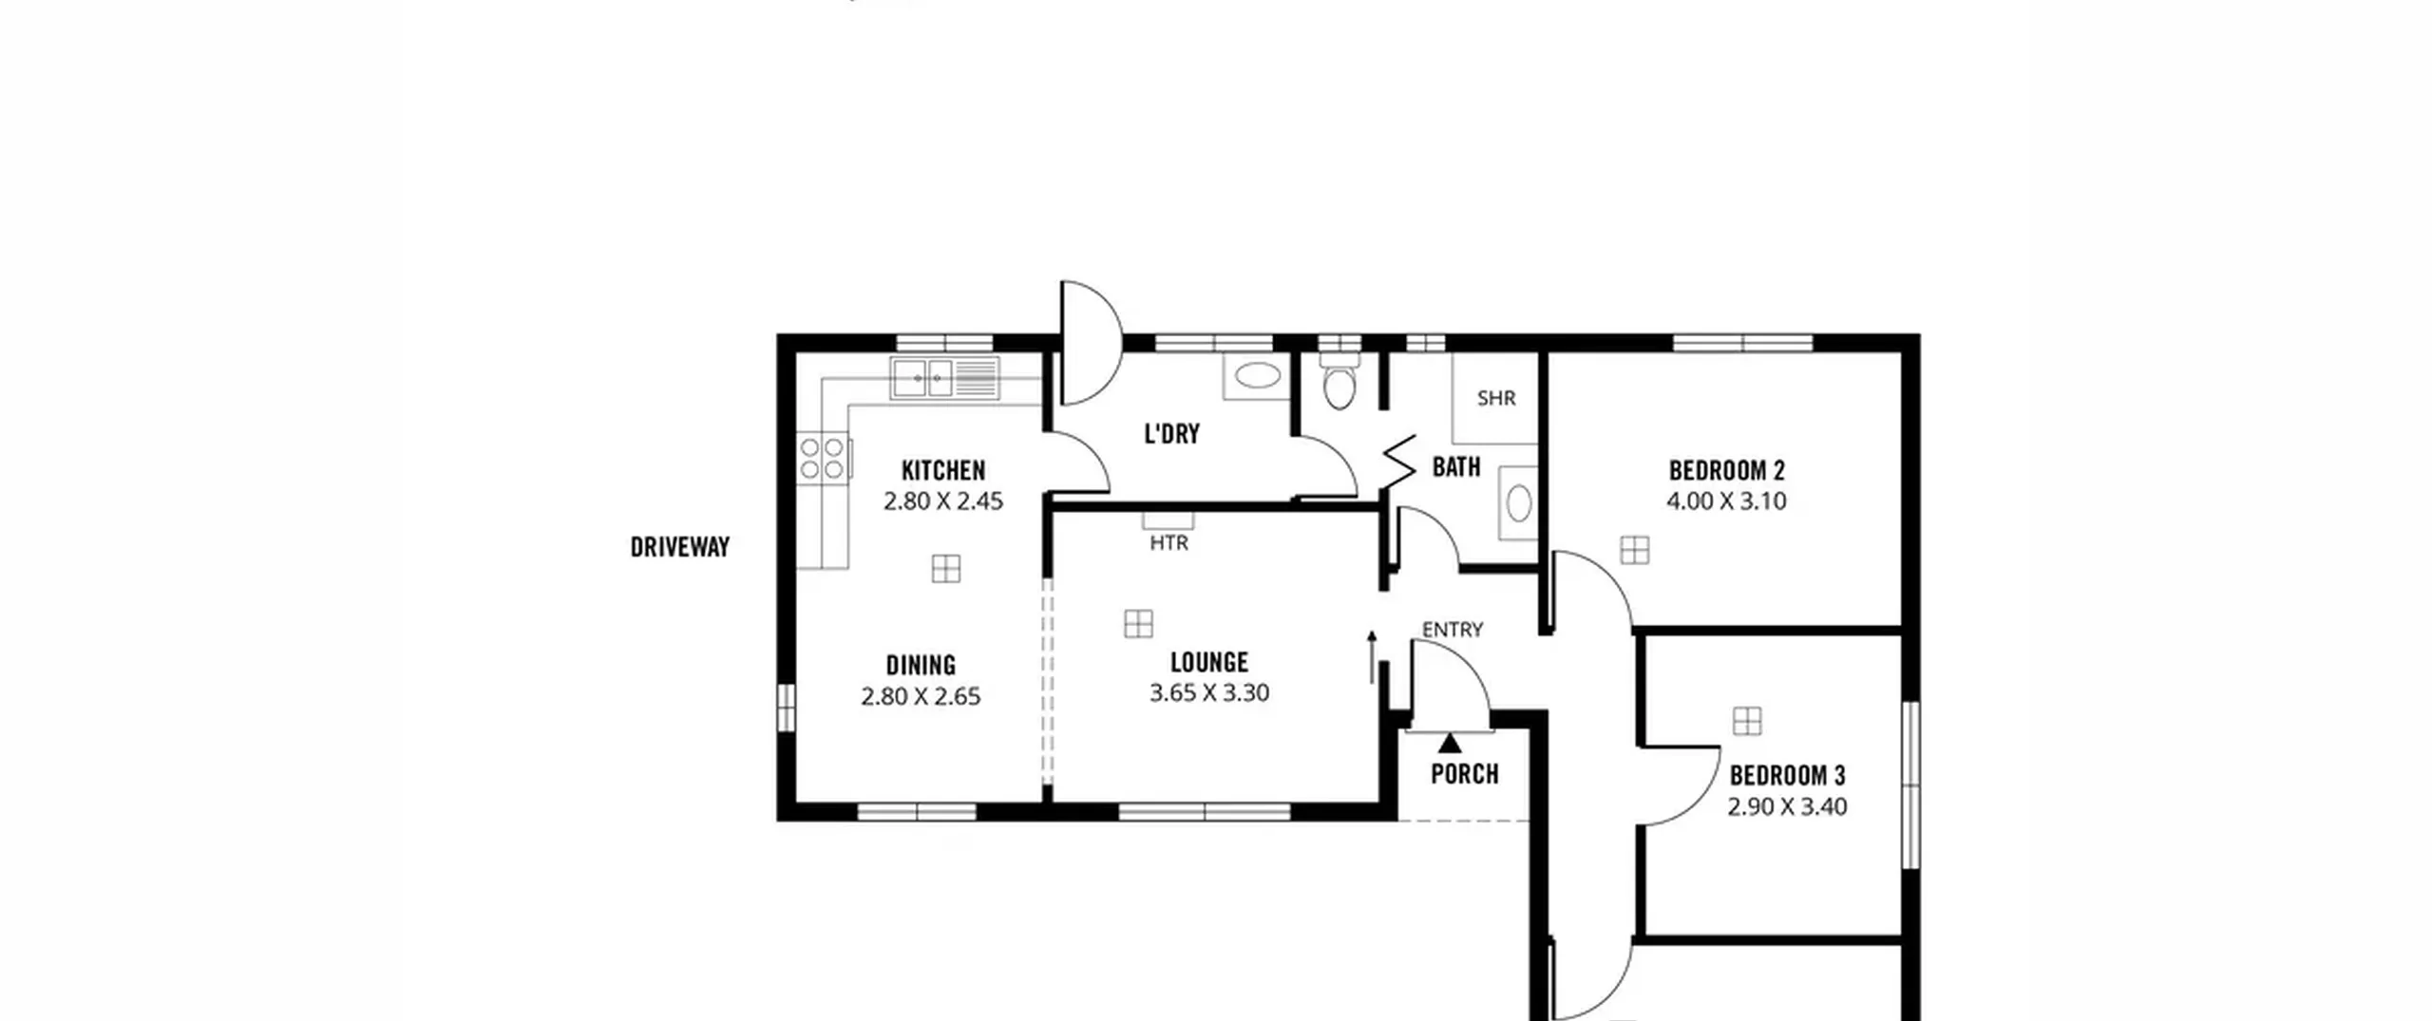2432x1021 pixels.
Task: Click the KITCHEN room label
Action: [x=943, y=470]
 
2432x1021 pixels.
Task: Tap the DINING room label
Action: [x=921, y=665]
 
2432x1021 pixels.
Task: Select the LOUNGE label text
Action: [x=1209, y=662]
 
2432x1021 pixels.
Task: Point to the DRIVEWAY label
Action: [x=680, y=547]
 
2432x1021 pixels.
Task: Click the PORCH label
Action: [x=1465, y=774]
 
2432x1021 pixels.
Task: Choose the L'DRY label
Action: [x=1171, y=434]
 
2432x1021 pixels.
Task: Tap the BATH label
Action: [x=1456, y=467]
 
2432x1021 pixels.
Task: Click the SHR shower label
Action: [x=1496, y=398]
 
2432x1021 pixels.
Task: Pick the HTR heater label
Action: [x=1168, y=543]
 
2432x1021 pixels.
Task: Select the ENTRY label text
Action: [x=1453, y=629]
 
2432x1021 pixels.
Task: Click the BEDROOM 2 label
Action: [x=1727, y=470]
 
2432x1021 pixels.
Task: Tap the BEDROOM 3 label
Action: [x=1787, y=776]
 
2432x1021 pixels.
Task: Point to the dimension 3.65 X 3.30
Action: [x=1209, y=692]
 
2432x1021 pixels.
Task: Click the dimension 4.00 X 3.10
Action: [x=1726, y=501]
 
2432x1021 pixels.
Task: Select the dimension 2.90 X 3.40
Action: [x=1787, y=806]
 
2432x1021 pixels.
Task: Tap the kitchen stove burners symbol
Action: [x=822, y=458]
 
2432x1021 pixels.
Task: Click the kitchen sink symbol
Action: [x=945, y=378]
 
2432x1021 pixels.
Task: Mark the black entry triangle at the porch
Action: [x=1450, y=743]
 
